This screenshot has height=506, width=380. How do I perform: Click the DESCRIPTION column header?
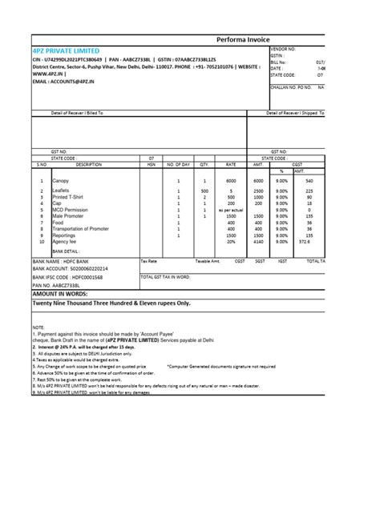[88, 164]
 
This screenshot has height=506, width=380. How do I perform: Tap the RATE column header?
[230, 164]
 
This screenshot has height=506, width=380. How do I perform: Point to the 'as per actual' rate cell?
[230, 210]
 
